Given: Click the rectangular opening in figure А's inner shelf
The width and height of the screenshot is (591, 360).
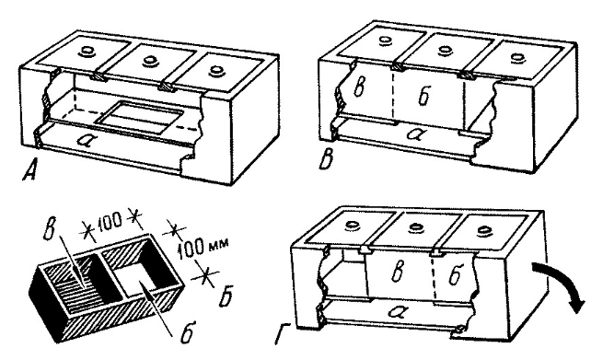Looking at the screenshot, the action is point(138,118).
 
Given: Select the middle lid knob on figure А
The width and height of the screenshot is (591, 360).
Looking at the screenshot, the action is point(150,61).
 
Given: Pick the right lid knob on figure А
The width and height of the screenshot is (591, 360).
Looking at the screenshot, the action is point(216,70).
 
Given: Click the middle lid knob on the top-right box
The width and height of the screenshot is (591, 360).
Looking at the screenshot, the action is point(446,49).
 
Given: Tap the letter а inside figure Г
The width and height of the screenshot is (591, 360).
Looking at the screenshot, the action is point(395,311).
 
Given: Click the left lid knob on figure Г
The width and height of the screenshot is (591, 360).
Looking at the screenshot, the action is point(353,226).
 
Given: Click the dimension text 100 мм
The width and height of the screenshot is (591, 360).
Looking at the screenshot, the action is point(202,247).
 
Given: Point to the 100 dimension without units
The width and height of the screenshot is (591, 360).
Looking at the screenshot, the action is point(110,222).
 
